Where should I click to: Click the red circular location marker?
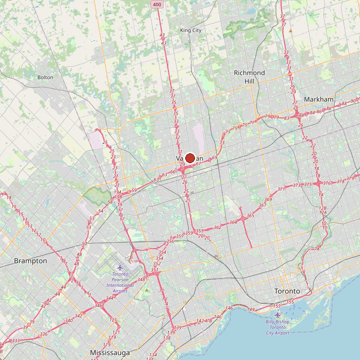coord(190,158)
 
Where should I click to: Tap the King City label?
coord(191,30)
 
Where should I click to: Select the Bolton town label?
coord(45,77)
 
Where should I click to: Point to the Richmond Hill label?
coord(249,76)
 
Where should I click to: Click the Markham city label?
coord(319,99)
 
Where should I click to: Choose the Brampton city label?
coord(30,261)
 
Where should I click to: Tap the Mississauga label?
coord(110,352)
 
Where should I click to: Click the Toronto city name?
coord(287,291)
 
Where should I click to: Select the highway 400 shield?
coord(157,4)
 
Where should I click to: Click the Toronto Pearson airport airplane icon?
coord(120,268)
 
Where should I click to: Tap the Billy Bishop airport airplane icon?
coord(277,315)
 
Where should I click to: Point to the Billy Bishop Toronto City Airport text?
coord(277,327)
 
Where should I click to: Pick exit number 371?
coord(281,189)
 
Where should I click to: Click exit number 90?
coord(353,101)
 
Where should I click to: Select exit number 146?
coord(229,308)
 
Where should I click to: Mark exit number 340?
coord(69,321)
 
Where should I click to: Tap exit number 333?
coord(16,341)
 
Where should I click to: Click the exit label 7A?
coord(317,249)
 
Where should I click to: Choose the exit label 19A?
coord(118,192)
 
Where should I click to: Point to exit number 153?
coord(277,306)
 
